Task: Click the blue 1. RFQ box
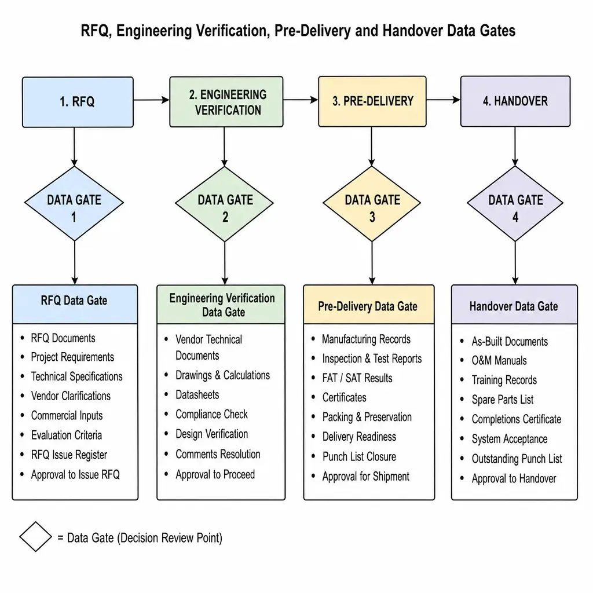pos(78,102)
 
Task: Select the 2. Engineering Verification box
pos(226,102)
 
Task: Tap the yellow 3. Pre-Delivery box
pos(372,101)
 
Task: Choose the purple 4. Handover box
pos(515,101)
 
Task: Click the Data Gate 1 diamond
pos(74,203)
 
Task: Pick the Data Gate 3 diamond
pos(372,203)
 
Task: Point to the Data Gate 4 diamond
pos(515,203)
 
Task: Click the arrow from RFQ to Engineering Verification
pos(152,100)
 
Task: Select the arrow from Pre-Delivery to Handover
pos(444,100)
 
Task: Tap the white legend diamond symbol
pos(35,537)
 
